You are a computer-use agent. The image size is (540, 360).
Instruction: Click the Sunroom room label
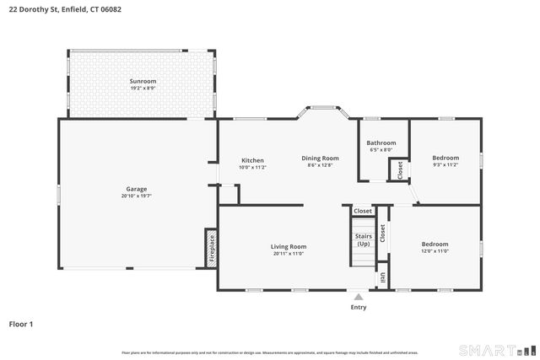click(143, 81)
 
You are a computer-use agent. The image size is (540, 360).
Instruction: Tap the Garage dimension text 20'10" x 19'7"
click(136, 196)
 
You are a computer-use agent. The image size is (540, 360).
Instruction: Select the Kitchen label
click(252, 160)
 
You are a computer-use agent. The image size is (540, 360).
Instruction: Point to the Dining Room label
click(321, 158)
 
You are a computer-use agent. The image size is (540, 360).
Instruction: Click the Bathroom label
click(381, 143)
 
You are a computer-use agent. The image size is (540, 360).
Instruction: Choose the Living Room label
click(288, 246)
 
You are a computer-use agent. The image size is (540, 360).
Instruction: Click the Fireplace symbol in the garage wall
click(211, 248)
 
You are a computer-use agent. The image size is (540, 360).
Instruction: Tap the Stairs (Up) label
click(363, 239)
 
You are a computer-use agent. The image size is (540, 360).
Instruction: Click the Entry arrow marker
click(359, 297)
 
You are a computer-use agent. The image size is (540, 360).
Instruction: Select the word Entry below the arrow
click(359, 307)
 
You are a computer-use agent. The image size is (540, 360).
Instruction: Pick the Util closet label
click(382, 277)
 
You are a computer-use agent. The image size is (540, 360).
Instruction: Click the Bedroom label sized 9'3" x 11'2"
click(445, 158)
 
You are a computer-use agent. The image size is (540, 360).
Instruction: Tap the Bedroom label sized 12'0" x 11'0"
click(435, 244)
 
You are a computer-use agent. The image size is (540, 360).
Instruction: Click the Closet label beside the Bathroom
click(399, 169)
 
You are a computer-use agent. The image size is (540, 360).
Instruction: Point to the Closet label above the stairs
click(362, 211)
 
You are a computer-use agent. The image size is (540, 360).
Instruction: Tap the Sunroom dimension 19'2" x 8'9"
click(143, 89)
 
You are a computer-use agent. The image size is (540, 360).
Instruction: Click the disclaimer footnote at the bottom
click(269, 352)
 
